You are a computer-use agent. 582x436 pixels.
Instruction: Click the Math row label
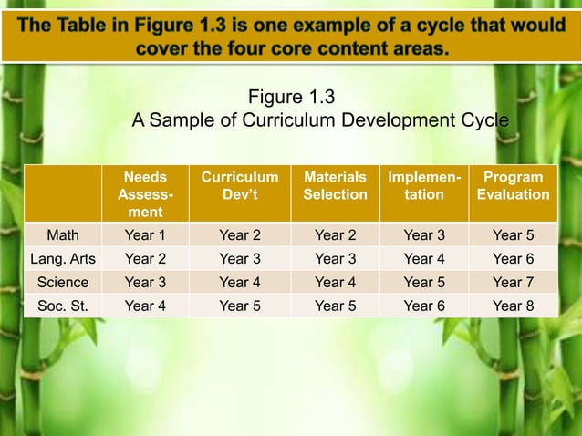click(x=63, y=235)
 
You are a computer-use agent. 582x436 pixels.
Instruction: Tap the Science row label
click(x=63, y=283)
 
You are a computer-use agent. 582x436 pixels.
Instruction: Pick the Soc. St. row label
click(x=63, y=306)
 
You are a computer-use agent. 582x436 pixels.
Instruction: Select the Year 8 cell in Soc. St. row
click(x=513, y=306)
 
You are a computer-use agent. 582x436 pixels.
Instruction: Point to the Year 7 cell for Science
click(x=513, y=283)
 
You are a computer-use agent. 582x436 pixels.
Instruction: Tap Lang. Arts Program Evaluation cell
click(x=513, y=259)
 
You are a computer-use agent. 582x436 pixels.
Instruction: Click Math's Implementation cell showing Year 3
click(x=424, y=235)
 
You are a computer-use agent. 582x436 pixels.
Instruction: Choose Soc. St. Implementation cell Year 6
click(x=424, y=306)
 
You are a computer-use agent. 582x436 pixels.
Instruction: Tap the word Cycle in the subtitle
click(x=484, y=121)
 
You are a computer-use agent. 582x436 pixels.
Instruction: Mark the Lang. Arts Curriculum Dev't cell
click(x=240, y=259)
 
